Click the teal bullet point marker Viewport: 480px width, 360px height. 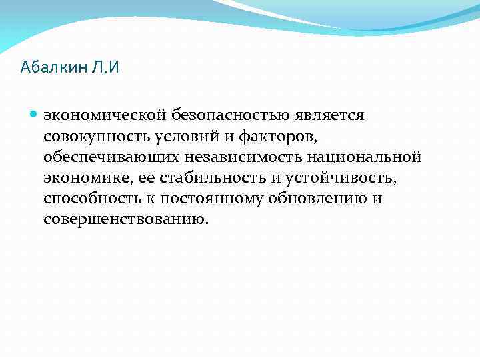coord(34,115)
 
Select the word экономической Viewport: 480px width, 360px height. coord(94,115)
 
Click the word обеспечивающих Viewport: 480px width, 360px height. coord(110,157)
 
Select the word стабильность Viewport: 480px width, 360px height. coord(193,178)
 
